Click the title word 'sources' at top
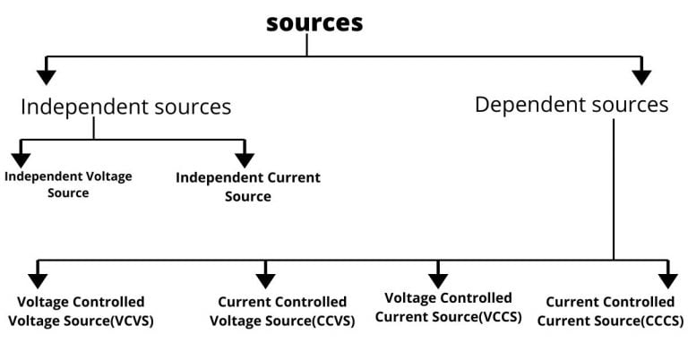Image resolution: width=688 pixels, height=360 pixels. click(314, 22)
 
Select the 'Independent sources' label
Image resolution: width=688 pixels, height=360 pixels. click(125, 107)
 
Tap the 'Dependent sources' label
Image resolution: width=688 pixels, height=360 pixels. click(572, 104)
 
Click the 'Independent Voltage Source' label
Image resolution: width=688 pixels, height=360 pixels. click(68, 184)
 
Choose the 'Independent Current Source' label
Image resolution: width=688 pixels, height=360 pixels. click(247, 186)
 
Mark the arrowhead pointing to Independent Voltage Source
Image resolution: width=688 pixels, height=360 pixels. click(21, 159)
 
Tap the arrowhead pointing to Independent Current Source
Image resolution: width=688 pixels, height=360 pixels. click(244, 159)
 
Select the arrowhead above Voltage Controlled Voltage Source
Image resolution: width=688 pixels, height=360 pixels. click(38, 279)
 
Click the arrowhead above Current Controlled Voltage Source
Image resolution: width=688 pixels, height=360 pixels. click(265, 279)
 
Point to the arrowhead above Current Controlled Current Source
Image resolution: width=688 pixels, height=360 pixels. click(667, 279)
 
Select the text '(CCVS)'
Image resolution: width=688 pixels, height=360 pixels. click(329, 320)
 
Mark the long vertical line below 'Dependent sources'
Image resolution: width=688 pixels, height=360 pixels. click(614, 188)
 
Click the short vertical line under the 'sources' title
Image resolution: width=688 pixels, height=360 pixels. click(307, 46)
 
